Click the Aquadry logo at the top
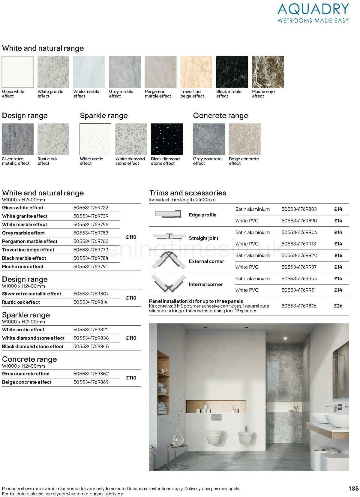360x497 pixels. coord(313,13)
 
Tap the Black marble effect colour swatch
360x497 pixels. coord(232,72)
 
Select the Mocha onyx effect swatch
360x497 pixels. coord(268,72)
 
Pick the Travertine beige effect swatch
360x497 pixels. coord(196,72)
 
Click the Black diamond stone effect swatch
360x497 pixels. coord(167,139)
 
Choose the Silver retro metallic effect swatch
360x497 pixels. coord(18,139)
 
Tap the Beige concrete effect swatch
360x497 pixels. coord(244,139)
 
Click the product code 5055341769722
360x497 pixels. coord(91,208)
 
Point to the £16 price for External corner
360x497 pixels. coord(338,255)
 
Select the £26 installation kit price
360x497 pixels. coord(338,306)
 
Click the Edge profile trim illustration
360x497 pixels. coord(168,214)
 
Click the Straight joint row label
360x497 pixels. coord(203,238)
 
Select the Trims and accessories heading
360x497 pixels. coord(188,193)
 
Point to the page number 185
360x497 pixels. coord(354,489)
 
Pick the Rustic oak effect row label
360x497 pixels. coord(21,302)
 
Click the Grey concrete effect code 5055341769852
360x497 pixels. coord(91,374)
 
